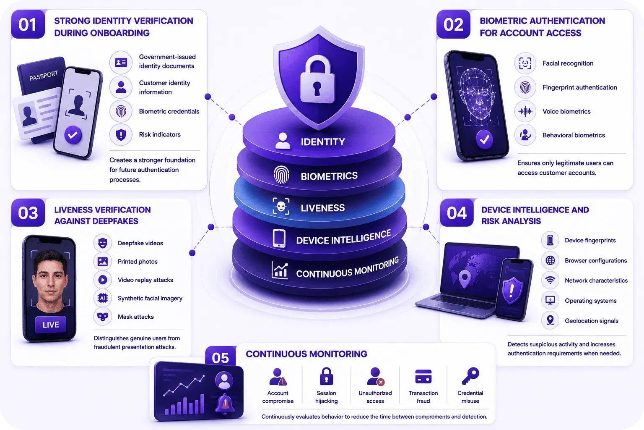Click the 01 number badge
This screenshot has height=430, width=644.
[28, 24]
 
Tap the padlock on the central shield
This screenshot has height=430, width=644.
[317, 80]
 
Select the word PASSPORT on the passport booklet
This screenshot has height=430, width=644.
[44, 76]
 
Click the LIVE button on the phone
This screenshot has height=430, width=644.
[51, 325]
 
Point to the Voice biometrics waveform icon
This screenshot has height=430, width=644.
[525, 111]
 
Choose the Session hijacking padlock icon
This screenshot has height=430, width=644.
[326, 376]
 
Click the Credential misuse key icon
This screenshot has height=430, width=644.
[470, 376]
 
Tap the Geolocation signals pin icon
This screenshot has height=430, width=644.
[550, 320]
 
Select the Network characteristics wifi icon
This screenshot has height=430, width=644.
[550, 280]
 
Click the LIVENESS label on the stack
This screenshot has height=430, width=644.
[322, 208]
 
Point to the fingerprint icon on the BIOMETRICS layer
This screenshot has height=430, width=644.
[281, 175]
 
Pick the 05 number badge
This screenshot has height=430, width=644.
[221, 357]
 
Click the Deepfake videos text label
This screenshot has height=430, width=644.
[140, 243]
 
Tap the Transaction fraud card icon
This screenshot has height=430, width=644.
[423, 376]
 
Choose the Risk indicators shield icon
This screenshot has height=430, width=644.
[121, 134]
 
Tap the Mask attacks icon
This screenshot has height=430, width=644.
[103, 317]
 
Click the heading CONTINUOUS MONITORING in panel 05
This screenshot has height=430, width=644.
[306, 354]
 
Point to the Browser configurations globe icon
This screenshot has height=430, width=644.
[550, 260]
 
